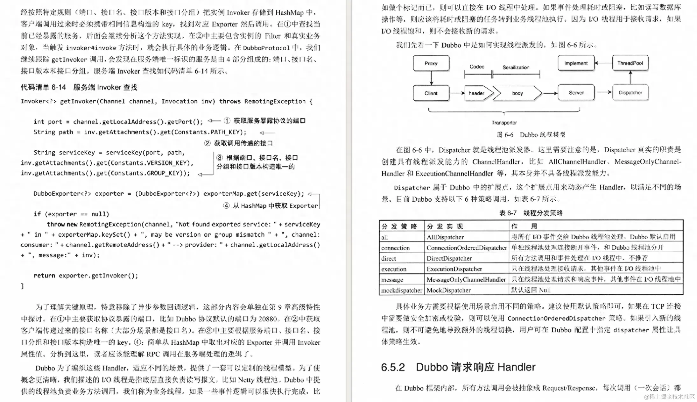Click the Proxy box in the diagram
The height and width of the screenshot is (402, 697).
(431, 63)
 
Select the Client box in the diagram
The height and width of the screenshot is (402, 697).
(431, 93)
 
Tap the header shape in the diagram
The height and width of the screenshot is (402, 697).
(477, 93)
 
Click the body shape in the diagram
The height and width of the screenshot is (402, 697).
(517, 93)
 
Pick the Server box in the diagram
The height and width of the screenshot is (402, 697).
(576, 93)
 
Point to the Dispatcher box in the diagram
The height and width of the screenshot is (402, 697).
(630, 93)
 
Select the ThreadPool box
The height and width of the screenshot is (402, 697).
(630, 63)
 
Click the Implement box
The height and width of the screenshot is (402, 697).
(576, 63)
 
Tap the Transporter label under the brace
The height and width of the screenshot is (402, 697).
(504, 123)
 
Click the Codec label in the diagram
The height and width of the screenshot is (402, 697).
(477, 67)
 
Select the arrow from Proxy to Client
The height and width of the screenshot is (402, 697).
(431, 78)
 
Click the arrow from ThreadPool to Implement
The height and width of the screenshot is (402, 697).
(603, 63)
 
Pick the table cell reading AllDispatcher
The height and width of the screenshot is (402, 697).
(445, 237)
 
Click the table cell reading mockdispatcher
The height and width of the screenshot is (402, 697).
(402, 290)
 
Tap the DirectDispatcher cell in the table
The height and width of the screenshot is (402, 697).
(449, 258)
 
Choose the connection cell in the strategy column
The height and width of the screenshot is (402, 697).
(395, 248)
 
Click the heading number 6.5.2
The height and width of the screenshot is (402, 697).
(393, 367)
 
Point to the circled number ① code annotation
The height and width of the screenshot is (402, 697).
(227, 121)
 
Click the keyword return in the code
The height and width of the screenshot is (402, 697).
(44, 276)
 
